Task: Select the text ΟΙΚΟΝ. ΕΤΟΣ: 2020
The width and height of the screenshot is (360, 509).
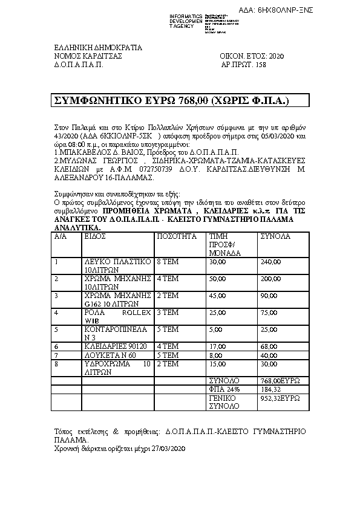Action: click(251, 56)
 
